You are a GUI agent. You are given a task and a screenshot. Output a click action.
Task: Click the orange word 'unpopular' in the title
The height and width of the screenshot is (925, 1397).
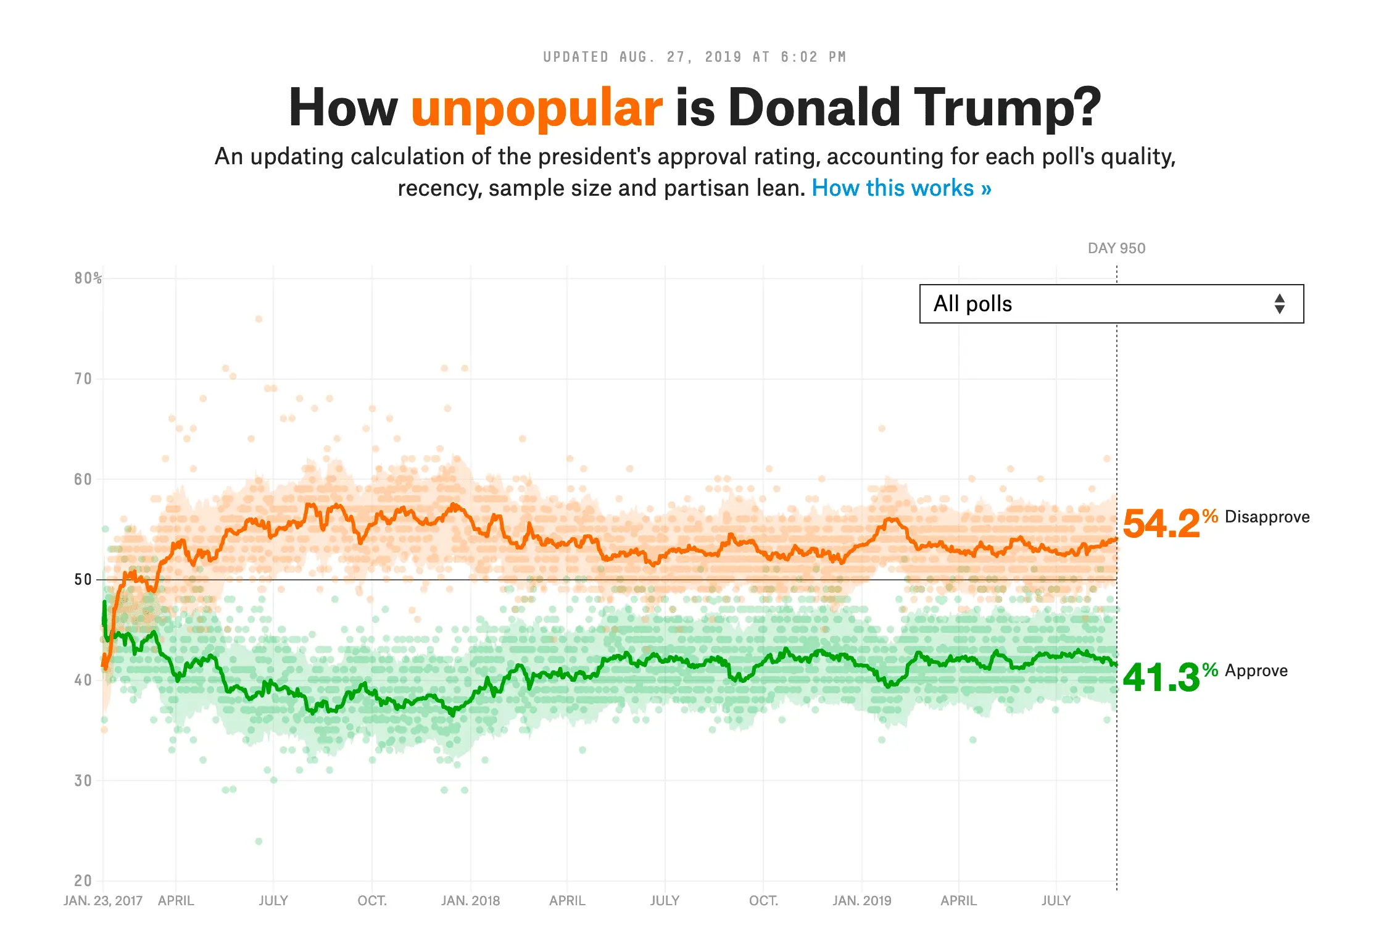pyautogui.click(x=536, y=108)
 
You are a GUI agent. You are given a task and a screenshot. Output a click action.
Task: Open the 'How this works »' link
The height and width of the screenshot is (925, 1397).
pyautogui.click(x=901, y=188)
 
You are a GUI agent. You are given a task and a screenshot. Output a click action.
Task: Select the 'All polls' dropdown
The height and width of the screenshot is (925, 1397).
pyautogui.click(x=1111, y=304)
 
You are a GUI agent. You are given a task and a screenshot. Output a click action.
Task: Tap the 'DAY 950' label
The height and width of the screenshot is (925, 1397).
pyautogui.click(x=1116, y=248)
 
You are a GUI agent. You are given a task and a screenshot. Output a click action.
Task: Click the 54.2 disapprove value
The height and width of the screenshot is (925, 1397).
pyautogui.click(x=1161, y=524)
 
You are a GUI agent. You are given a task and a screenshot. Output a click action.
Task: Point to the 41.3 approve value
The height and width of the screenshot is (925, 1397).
pyautogui.click(x=1161, y=677)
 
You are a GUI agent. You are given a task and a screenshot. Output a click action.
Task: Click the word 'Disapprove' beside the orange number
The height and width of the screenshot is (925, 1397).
pyautogui.click(x=1267, y=517)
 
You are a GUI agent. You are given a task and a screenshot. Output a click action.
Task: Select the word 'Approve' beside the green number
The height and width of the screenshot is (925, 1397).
pyautogui.click(x=1256, y=671)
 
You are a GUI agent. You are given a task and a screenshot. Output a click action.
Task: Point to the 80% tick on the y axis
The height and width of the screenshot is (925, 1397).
pyautogui.click(x=88, y=278)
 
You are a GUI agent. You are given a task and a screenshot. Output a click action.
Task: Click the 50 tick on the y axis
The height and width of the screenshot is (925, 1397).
pyautogui.click(x=83, y=580)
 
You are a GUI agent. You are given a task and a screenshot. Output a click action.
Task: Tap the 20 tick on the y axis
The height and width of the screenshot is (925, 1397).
pyautogui.click(x=83, y=881)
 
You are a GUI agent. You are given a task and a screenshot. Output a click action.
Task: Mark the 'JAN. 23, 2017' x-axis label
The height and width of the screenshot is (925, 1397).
pyautogui.click(x=103, y=901)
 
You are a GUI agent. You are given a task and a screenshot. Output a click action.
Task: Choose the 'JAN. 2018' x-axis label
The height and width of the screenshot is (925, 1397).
pyautogui.click(x=470, y=901)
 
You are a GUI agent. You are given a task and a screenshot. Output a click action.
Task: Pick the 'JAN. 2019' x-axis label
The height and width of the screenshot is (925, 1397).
pyautogui.click(x=861, y=901)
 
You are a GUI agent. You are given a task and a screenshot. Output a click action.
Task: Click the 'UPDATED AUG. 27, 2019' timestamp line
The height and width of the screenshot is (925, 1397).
pyautogui.click(x=694, y=57)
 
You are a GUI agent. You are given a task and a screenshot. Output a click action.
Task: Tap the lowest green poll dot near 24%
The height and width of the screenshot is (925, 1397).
pyautogui.click(x=259, y=841)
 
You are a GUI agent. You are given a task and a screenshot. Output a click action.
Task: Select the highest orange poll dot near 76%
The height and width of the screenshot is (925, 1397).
pyautogui.click(x=259, y=319)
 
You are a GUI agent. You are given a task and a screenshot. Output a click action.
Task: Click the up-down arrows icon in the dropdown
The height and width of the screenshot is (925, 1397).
pyautogui.click(x=1280, y=304)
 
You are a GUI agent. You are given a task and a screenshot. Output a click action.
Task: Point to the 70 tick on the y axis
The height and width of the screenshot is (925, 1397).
pyautogui.click(x=83, y=379)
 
